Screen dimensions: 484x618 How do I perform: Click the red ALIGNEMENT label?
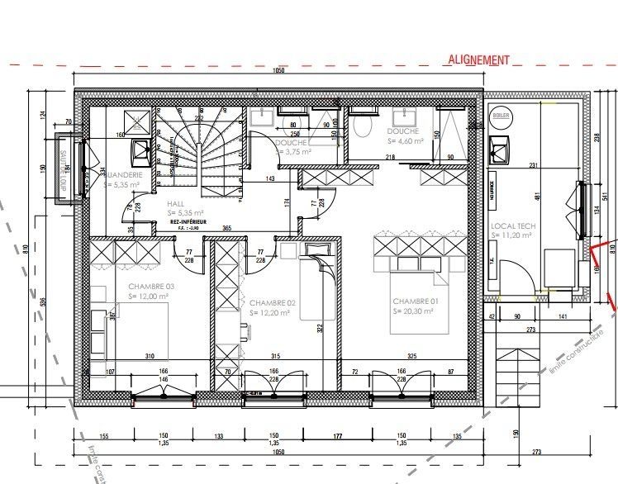(x=478, y=59)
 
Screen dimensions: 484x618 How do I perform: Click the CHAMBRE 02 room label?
(x=273, y=302)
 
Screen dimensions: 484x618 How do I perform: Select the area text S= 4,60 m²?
(x=405, y=141)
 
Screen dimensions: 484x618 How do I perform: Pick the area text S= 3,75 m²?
(x=292, y=152)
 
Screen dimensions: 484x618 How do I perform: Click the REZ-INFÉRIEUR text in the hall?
(x=188, y=221)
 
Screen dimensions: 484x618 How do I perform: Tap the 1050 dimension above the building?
(x=278, y=73)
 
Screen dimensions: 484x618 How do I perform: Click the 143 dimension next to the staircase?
(x=269, y=178)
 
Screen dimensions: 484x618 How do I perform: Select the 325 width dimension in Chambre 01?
(x=411, y=356)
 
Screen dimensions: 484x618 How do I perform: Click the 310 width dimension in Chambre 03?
(x=150, y=356)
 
